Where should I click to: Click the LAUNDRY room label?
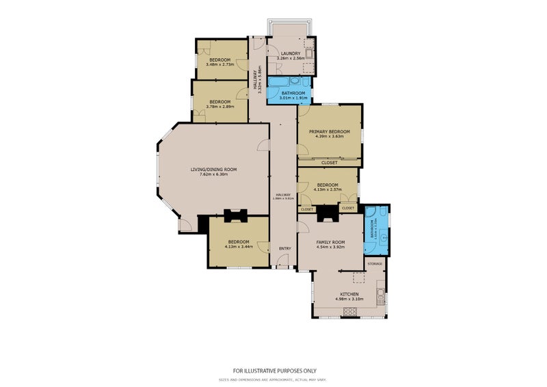coord(291,53)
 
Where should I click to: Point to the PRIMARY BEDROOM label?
coord(329,131)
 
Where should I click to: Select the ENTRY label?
coord(284,248)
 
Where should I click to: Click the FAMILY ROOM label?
coord(330,242)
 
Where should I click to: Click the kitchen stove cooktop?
coord(350,312)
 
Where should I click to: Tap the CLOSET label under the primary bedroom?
coord(329,162)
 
